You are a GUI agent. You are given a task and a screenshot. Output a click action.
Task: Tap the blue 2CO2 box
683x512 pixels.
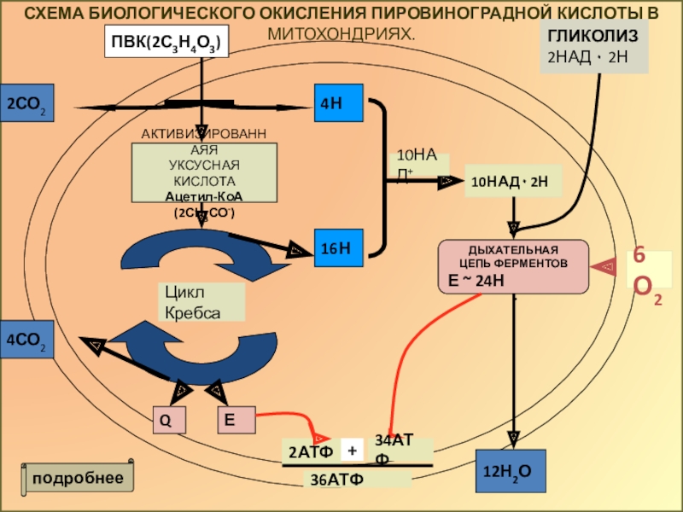tap(27, 104)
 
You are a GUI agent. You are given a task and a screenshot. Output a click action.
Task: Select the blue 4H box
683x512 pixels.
tap(339, 103)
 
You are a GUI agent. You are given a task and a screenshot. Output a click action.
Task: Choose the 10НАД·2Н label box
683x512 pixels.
tap(512, 182)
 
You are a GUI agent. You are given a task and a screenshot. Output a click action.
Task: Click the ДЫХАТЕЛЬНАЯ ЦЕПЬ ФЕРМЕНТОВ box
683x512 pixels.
tap(513, 265)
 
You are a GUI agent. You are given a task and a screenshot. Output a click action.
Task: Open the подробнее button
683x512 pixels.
tap(79, 477)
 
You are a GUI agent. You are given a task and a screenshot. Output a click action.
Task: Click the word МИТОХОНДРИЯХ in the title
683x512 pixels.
tap(341, 33)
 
